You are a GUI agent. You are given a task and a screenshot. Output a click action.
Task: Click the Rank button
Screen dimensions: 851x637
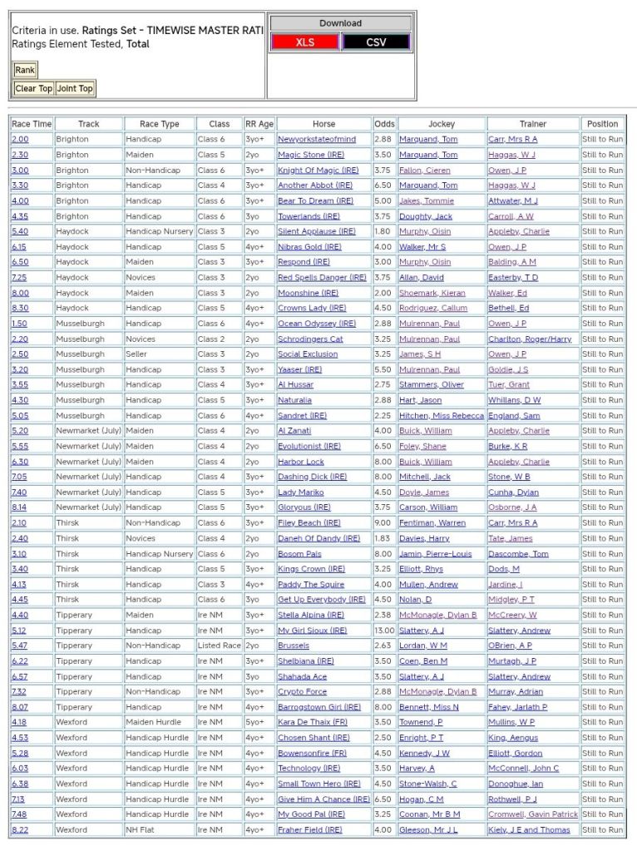tap(25, 70)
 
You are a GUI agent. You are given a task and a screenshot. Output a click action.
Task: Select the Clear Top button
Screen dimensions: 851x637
tap(34, 88)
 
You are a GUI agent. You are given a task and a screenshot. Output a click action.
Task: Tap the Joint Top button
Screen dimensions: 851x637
tap(75, 88)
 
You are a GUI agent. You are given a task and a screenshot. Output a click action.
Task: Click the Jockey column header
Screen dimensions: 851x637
tap(441, 124)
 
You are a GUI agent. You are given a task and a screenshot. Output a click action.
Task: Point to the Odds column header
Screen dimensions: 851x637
tap(384, 124)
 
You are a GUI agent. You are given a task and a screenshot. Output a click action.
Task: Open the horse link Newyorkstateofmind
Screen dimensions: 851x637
tap(317, 140)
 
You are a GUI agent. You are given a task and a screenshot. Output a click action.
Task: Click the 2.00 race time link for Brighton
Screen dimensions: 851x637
tap(20, 140)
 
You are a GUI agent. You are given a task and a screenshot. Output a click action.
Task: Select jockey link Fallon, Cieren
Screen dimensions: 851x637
tap(427, 171)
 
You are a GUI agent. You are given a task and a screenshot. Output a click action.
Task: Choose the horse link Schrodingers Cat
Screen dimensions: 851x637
tap(310, 339)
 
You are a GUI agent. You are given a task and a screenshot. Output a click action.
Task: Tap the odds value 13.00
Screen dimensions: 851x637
tap(384, 631)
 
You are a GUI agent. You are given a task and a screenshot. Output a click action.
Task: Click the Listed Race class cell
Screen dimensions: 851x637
tap(219, 646)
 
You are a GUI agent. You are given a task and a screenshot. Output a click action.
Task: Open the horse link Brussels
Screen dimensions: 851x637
tap(293, 646)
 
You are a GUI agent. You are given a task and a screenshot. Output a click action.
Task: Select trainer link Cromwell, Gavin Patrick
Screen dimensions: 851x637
tap(532, 814)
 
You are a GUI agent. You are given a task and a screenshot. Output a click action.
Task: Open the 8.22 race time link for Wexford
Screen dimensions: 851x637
tap(20, 830)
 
